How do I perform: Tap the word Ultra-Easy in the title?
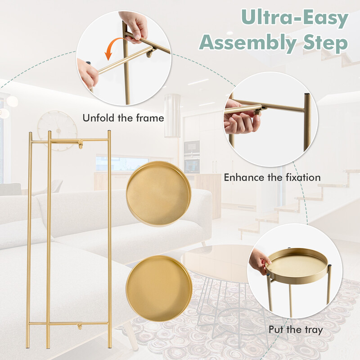pyautogui.click(x=295, y=18)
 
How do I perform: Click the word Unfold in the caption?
pyautogui.click(x=99, y=118)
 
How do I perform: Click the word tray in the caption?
pyautogui.click(x=313, y=330)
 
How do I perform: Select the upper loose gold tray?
pyautogui.click(x=158, y=193)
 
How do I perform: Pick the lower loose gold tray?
pyautogui.click(x=159, y=288)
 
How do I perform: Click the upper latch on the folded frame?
pyautogui.click(x=80, y=144)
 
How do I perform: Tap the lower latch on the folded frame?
pyautogui.click(x=80, y=326)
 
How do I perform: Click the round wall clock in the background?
pyautogui.click(x=58, y=131)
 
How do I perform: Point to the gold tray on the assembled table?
pyautogui.click(x=298, y=265)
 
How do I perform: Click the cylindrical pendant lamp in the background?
pyautogui.click(x=172, y=116)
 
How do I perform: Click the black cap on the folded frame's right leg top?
pyautogui.click(x=109, y=131)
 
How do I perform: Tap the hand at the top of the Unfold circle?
pyautogui.click(x=134, y=27)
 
